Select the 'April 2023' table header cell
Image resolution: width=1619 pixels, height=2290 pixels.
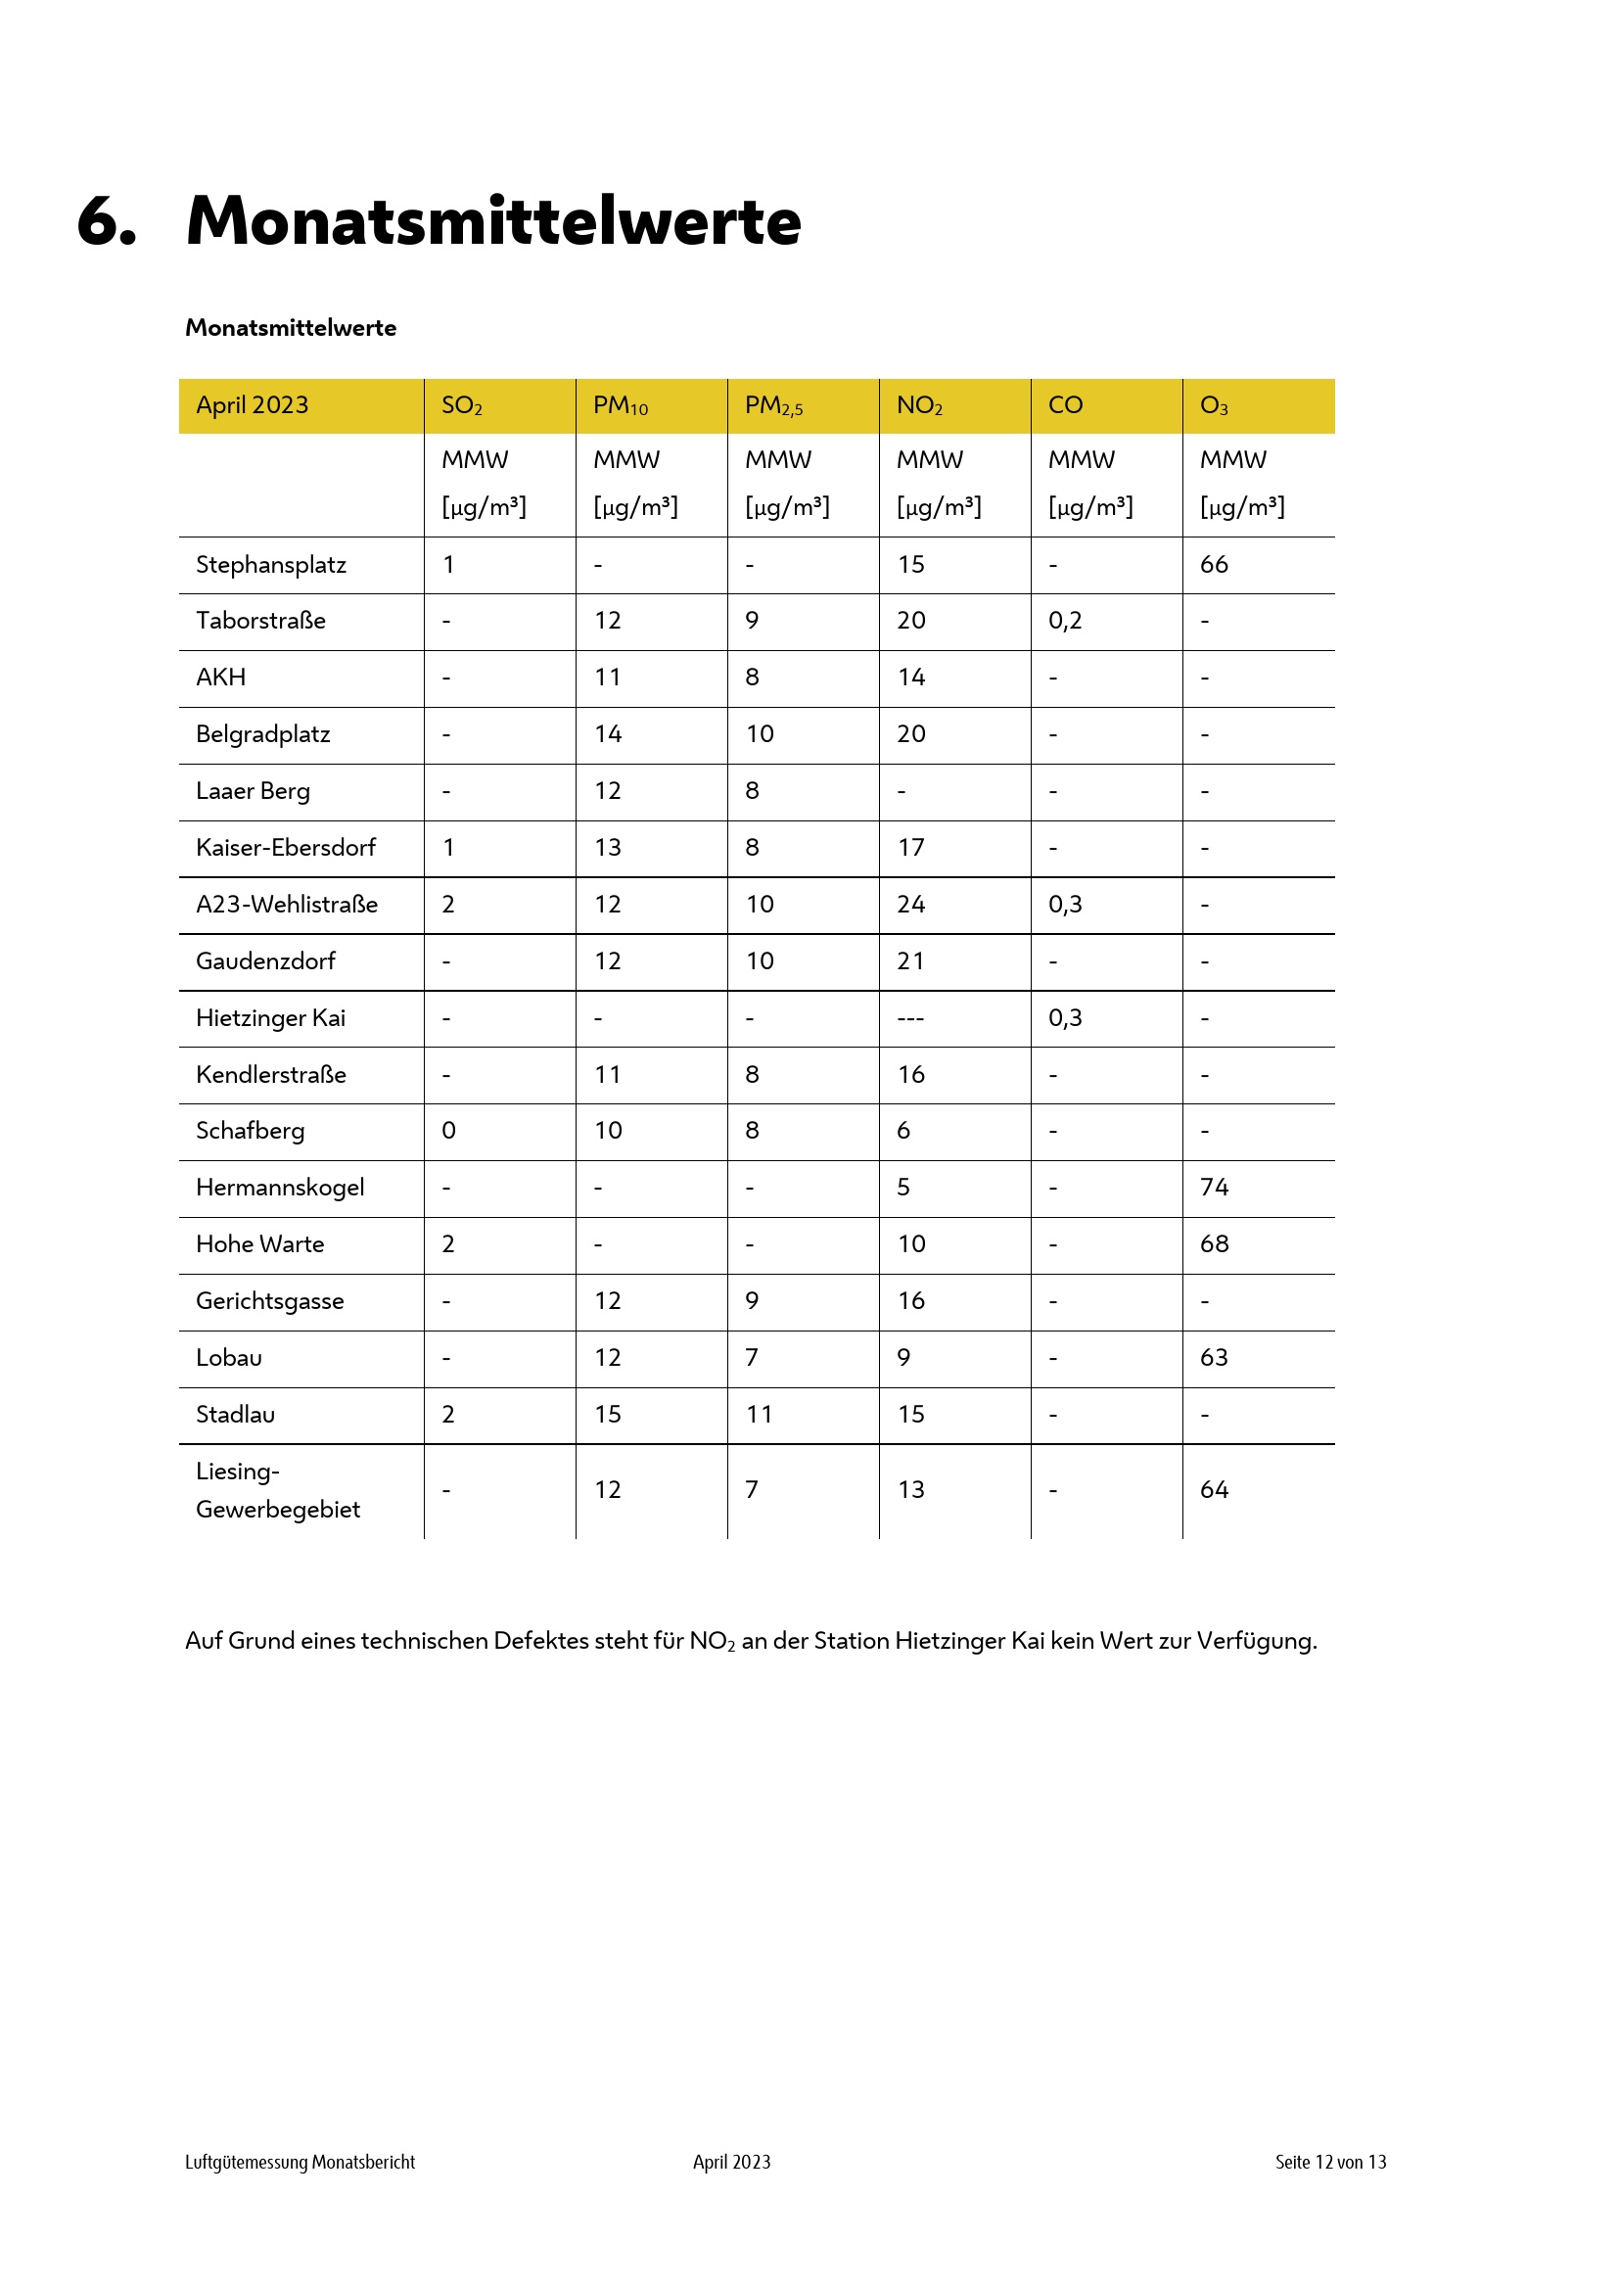coord(253,405)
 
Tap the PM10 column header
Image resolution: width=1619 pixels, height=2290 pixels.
coord(620,406)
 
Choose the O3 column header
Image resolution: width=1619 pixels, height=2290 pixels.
coord(1213,406)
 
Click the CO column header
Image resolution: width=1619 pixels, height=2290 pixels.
coord(1065,405)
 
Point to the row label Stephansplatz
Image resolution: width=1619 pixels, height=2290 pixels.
coord(271,565)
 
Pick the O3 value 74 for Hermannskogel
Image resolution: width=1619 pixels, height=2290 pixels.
coord(1213,1187)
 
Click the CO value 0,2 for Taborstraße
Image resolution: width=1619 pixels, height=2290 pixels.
coord(1065,621)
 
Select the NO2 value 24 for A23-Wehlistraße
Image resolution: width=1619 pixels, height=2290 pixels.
coord(911,905)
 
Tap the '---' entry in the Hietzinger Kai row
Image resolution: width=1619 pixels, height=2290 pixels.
coord(910,1018)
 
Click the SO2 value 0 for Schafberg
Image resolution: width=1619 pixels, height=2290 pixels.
coord(448,1130)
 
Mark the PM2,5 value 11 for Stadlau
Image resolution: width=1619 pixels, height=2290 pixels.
coord(759,1415)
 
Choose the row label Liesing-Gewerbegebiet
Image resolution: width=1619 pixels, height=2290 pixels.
coord(277,1490)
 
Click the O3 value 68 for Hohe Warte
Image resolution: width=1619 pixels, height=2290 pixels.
coord(1213,1243)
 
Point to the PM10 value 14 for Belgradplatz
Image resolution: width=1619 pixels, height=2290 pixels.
coord(608,734)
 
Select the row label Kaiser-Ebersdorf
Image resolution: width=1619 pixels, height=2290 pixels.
coord(285,848)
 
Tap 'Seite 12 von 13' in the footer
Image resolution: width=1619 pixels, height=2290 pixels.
coord(1330,2162)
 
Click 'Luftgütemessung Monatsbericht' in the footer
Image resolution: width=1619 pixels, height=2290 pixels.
coord(301,2162)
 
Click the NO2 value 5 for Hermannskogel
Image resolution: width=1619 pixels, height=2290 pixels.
coord(903,1187)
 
